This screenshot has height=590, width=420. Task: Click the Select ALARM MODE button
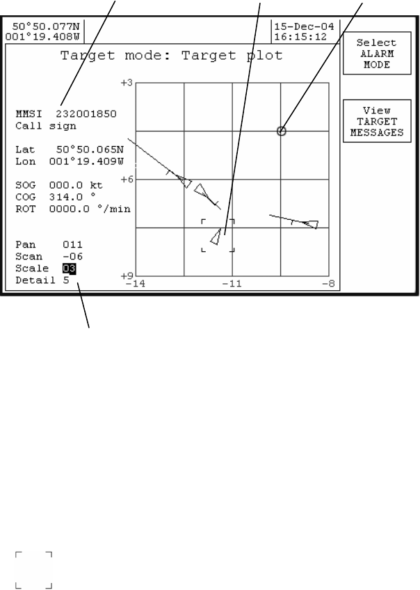click(376, 54)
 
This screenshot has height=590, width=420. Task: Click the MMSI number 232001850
click(86, 113)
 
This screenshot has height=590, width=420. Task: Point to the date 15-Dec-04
click(299, 25)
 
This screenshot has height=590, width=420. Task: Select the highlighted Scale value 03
click(69, 269)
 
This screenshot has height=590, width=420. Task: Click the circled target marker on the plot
click(282, 131)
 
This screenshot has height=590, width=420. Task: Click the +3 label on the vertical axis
click(127, 83)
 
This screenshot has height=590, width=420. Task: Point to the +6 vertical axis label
click(127, 180)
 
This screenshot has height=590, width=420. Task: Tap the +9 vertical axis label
click(127, 276)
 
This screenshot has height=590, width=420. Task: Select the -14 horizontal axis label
click(136, 284)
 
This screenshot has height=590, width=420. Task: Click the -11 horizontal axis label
click(232, 284)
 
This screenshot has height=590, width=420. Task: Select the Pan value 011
click(72, 245)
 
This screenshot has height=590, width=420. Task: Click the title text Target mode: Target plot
click(172, 55)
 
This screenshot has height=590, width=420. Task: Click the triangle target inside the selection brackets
click(217, 237)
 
